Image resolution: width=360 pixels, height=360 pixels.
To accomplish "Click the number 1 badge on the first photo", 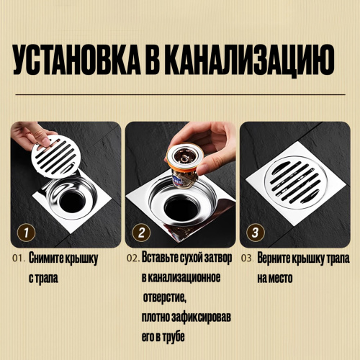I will tap(26, 233).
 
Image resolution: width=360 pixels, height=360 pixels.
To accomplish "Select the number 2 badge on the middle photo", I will tap(141, 233).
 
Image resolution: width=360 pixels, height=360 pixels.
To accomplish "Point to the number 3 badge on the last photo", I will tap(256, 233).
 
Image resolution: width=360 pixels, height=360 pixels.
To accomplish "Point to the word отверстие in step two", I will tap(165, 297).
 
